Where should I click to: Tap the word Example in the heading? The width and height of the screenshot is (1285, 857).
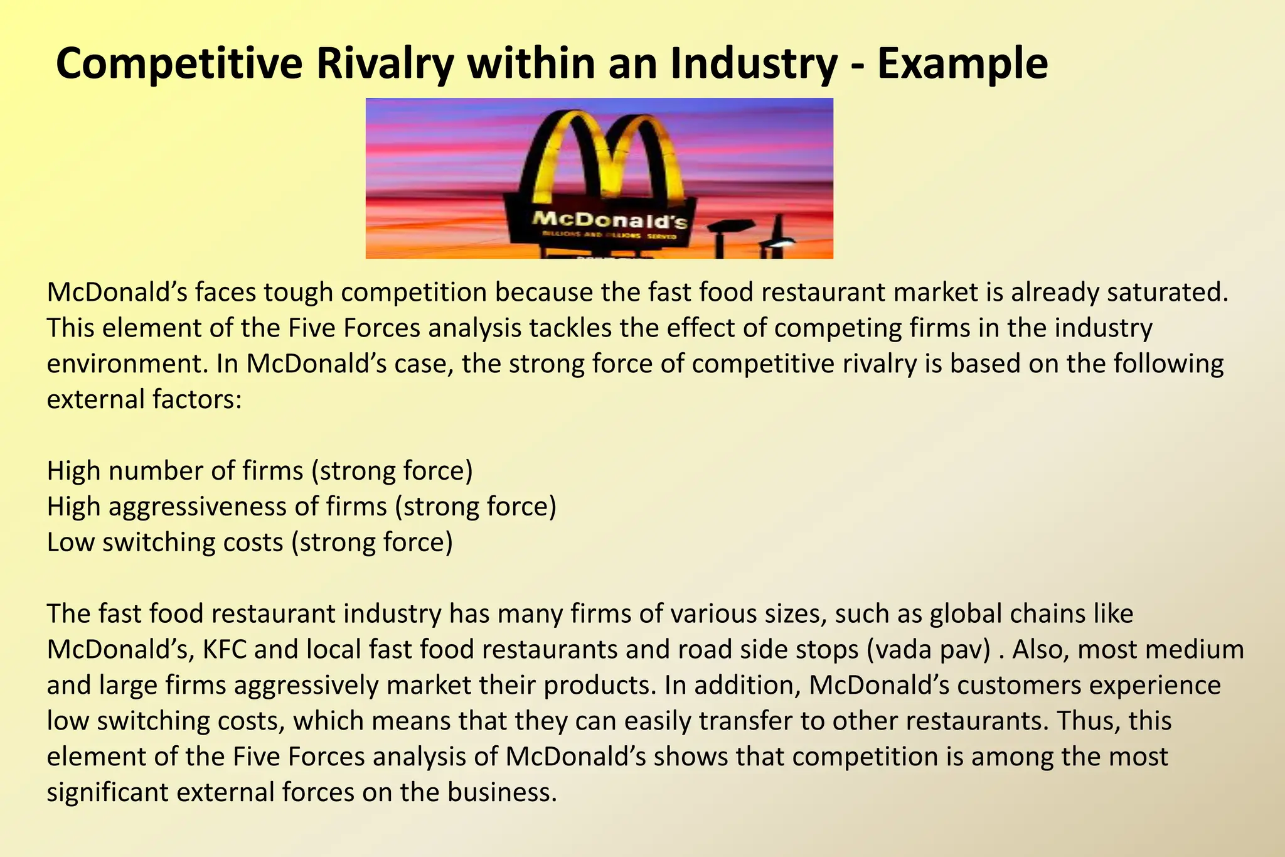(x=962, y=64)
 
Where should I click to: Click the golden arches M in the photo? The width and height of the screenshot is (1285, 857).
(x=602, y=157)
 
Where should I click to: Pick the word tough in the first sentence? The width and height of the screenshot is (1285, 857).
(x=297, y=293)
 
